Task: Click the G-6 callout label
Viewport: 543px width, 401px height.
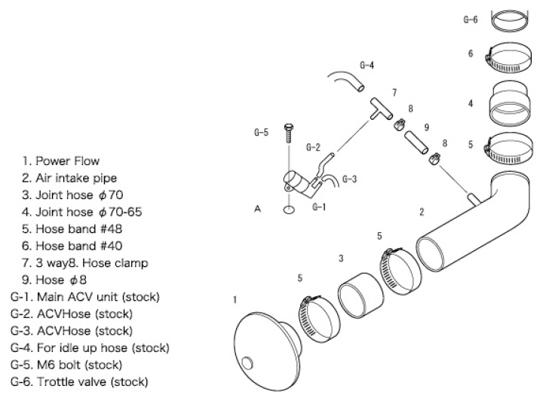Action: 470,20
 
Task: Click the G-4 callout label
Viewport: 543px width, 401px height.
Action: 367,65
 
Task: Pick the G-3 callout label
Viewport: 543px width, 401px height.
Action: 349,179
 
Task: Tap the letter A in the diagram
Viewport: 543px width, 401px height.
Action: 258,209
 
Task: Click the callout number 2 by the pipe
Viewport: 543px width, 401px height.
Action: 422,212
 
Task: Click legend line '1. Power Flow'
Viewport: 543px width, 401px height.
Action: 60,161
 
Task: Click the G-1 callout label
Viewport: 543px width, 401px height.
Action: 319,207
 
